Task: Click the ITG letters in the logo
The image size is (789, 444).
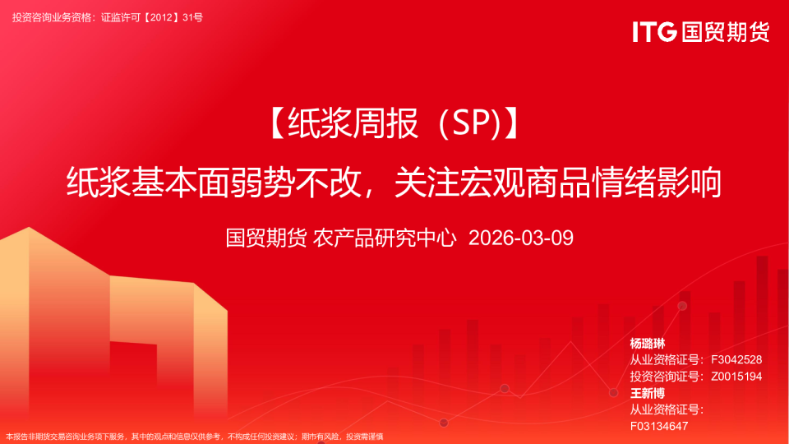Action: click(654, 32)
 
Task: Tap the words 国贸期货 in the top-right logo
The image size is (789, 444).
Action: click(726, 32)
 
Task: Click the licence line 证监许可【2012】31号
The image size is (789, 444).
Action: click(152, 17)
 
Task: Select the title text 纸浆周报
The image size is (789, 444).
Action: click(353, 124)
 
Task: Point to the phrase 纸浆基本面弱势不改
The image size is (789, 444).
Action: click(214, 183)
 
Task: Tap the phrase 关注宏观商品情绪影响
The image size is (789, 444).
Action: click(558, 183)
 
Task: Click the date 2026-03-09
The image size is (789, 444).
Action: click(521, 238)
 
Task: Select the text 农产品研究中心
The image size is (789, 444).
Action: click(385, 238)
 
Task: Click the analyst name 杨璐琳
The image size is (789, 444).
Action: click(648, 344)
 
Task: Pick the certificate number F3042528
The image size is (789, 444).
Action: click(736, 360)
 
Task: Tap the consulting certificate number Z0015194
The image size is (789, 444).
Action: click(736, 377)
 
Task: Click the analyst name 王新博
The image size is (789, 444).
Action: click(648, 393)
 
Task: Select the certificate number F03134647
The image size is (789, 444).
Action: click(658, 427)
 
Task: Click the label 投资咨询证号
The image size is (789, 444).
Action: click(664, 377)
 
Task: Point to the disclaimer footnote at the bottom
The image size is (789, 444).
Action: click(194, 437)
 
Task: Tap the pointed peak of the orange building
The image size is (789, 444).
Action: click(29, 228)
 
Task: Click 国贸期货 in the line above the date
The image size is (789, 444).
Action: click(266, 238)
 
